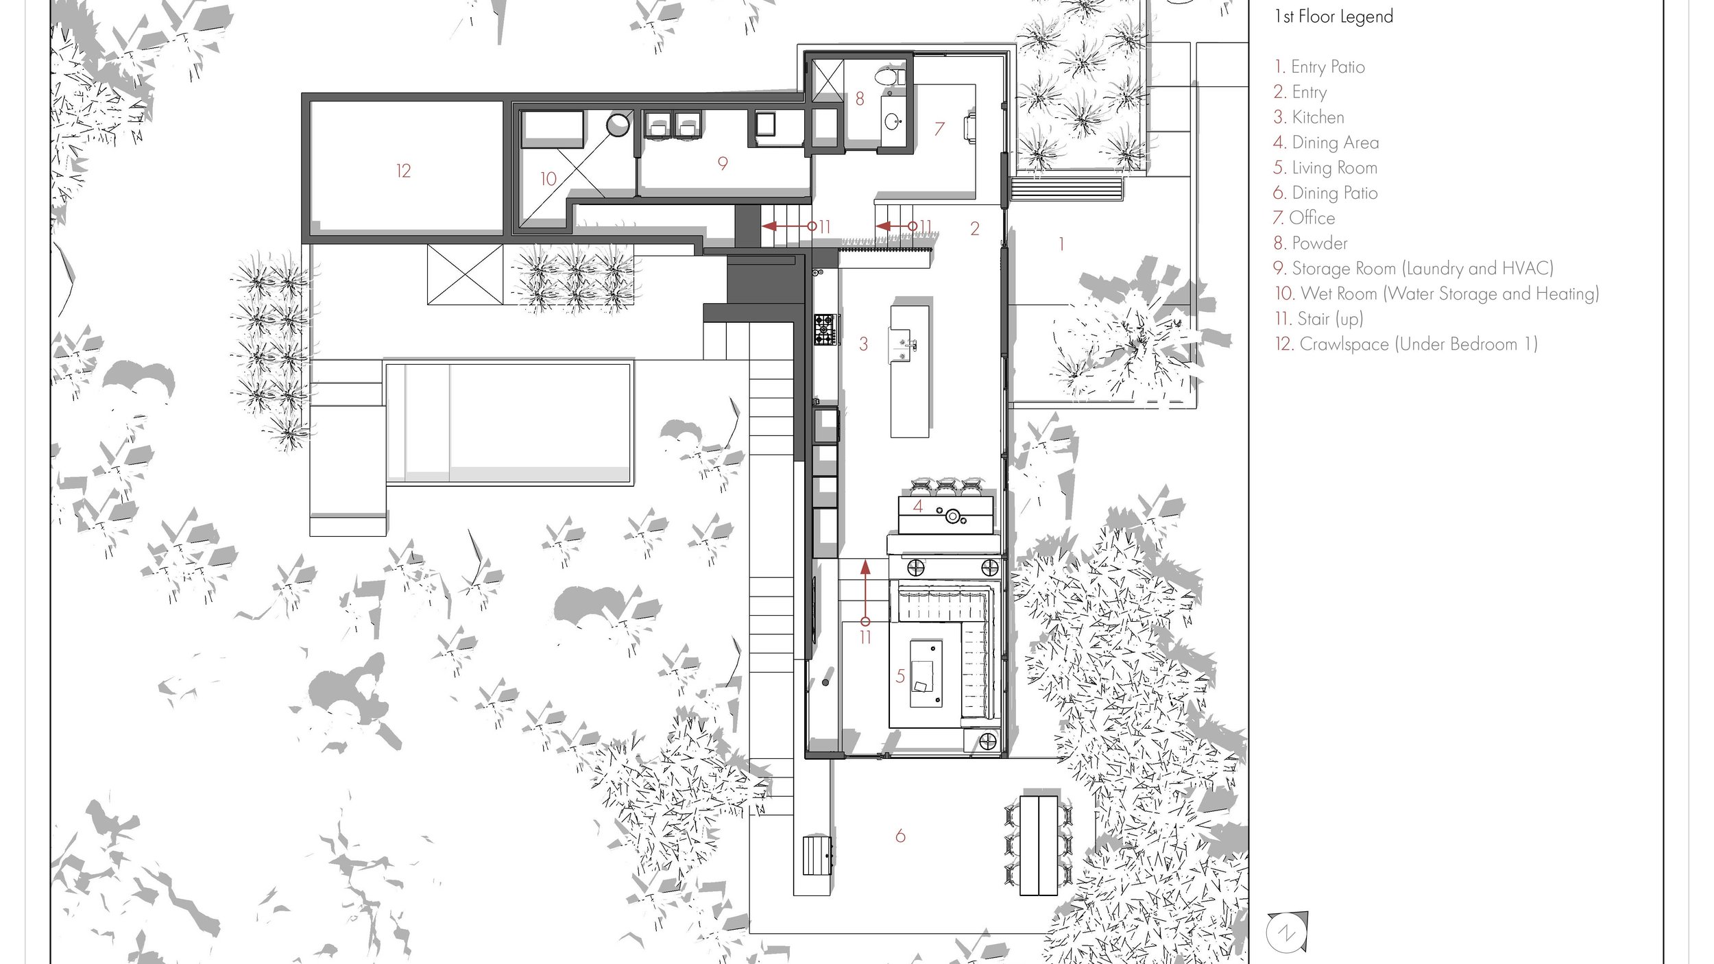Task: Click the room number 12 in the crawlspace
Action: click(x=403, y=171)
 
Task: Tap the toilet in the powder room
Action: click(x=889, y=76)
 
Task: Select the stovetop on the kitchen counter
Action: click(x=825, y=330)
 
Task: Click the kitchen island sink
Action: click(x=903, y=346)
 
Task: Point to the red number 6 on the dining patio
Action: click(x=900, y=836)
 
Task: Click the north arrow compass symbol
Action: click(x=1288, y=932)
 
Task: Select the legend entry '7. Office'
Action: click(x=1304, y=218)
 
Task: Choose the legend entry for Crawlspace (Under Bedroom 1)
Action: click(x=1405, y=344)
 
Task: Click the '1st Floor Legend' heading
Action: click(x=1333, y=16)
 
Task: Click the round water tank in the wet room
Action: click(x=618, y=125)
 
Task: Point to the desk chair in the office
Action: click(x=969, y=128)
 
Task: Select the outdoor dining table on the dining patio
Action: click(x=1039, y=845)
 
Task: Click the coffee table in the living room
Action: click(x=926, y=673)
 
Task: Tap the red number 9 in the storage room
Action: click(x=723, y=163)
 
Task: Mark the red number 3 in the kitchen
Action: click(x=863, y=344)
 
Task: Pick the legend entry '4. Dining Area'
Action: click(x=1326, y=143)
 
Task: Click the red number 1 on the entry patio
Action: click(x=1061, y=244)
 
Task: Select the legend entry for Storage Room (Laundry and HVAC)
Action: click(x=1413, y=269)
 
